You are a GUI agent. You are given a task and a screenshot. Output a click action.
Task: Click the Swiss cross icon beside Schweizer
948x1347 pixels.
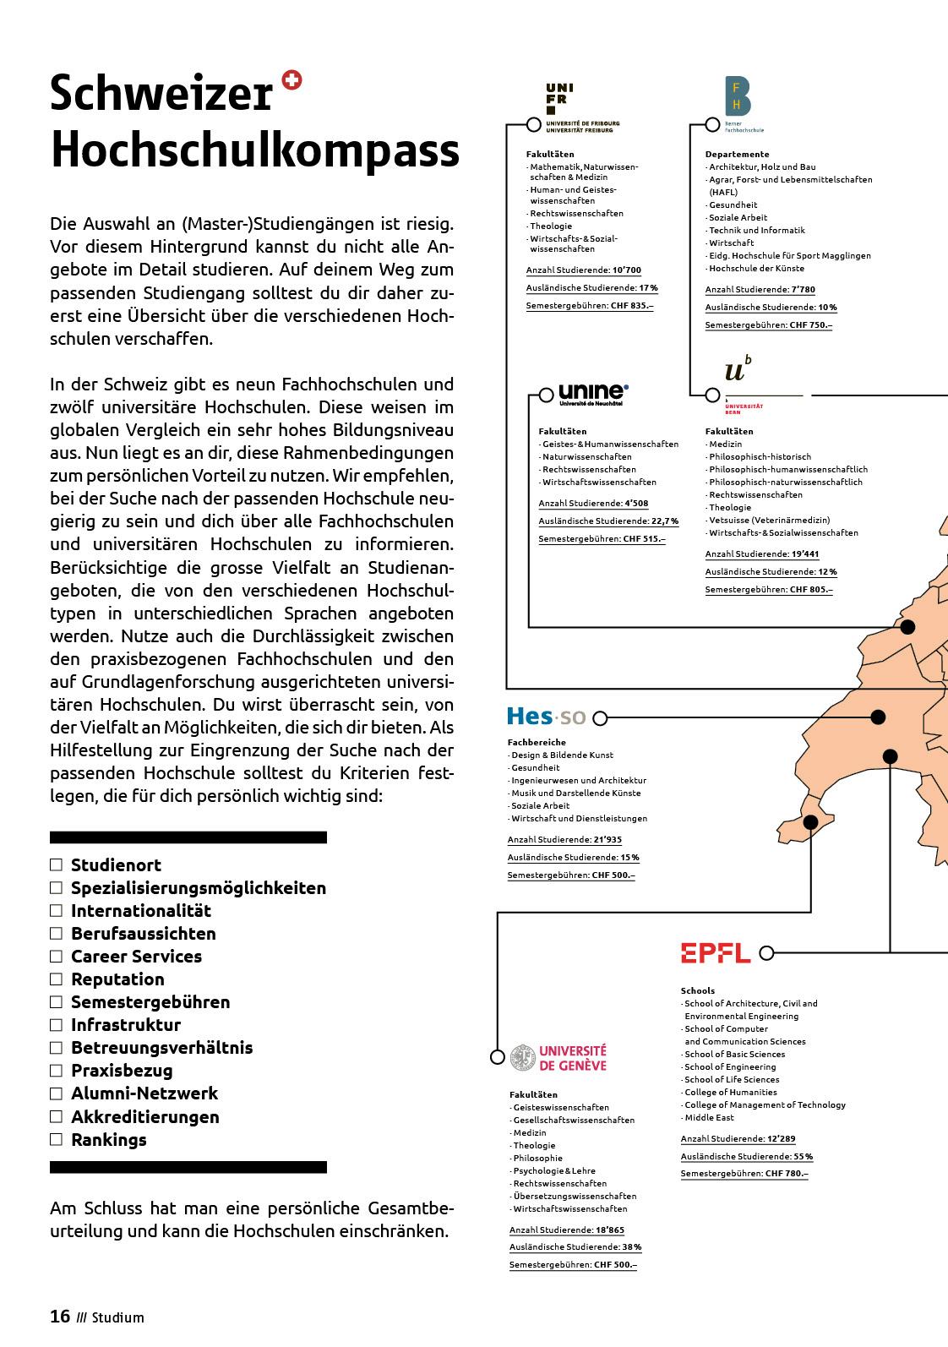(292, 81)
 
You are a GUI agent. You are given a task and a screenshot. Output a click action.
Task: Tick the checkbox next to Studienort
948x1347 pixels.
(57, 864)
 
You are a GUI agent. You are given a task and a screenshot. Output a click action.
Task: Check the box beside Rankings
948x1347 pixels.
(57, 1139)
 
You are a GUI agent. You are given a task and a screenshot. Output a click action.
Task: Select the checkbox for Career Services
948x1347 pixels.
(57, 956)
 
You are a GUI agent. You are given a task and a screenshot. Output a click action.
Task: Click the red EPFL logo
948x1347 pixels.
(716, 953)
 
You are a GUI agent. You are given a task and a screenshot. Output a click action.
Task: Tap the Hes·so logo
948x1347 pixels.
(546, 717)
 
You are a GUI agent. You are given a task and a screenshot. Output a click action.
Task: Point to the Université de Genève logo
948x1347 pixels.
(558, 1057)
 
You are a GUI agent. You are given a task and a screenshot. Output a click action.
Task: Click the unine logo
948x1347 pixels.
(593, 392)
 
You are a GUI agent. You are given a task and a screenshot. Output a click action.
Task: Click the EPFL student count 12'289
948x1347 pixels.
(781, 1139)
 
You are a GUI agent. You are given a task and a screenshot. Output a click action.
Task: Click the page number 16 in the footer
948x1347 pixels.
(60, 1316)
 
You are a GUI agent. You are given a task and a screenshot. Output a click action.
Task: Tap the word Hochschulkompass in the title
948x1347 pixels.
(255, 150)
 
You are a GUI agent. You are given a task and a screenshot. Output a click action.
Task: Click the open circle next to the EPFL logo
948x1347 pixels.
(766, 953)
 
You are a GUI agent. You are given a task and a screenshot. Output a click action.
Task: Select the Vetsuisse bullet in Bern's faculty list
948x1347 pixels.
(769, 520)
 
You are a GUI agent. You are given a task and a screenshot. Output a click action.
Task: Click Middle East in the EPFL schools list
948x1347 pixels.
(709, 1117)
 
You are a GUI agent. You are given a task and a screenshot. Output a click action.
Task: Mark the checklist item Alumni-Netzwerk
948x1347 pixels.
(144, 1093)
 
